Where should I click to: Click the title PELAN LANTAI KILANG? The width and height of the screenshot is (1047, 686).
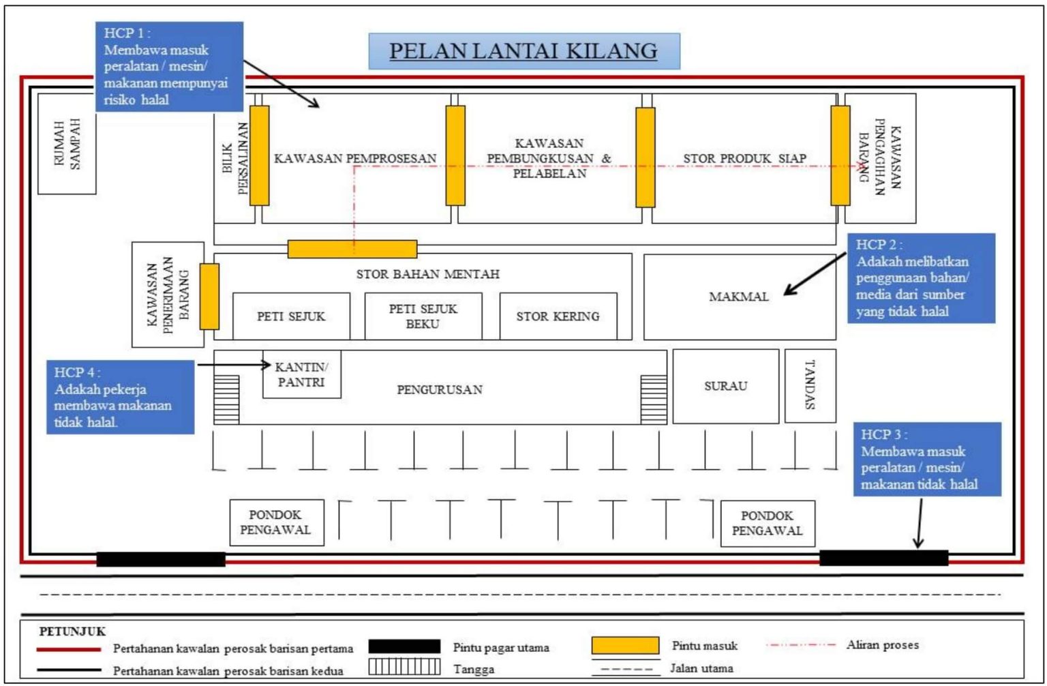[x=523, y=51]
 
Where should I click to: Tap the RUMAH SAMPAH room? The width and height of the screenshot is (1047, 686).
[x=67, y=144]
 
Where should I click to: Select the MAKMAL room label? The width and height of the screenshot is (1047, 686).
[x=738, y=297]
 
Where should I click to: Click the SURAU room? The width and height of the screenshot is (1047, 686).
[x=725, y=386]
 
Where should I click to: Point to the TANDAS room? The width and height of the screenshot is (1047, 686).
[x=810, y=386]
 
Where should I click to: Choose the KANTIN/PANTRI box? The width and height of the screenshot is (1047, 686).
[x=301, y=374]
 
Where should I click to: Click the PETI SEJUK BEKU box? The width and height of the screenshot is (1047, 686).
[x=423, y=316]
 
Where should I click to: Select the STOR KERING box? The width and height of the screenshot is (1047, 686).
[x=558, y=316]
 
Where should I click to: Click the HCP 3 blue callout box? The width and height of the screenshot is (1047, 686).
[x=927, y=459]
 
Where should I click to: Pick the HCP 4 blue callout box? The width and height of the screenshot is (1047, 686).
[x=121, y=397]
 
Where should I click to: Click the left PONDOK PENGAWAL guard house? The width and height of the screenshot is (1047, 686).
[x=276, y=522]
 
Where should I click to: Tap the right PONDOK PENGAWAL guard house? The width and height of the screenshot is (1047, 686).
[x=767, y=523]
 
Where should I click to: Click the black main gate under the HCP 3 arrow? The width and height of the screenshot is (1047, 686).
[x=883, y=558]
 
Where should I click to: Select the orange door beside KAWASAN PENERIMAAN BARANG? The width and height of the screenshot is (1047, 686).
[x=209, y=297]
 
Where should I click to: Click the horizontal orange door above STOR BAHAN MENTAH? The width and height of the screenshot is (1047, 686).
[x=352, y=249]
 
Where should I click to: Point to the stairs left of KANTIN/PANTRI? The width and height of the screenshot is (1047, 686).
[x=226, y=399]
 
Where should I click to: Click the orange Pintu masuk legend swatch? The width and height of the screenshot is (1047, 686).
[x=625, y=645]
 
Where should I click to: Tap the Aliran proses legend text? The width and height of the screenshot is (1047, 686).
[x=883, y=644]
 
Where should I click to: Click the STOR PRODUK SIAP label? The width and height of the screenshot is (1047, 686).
[x=744, y=159]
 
